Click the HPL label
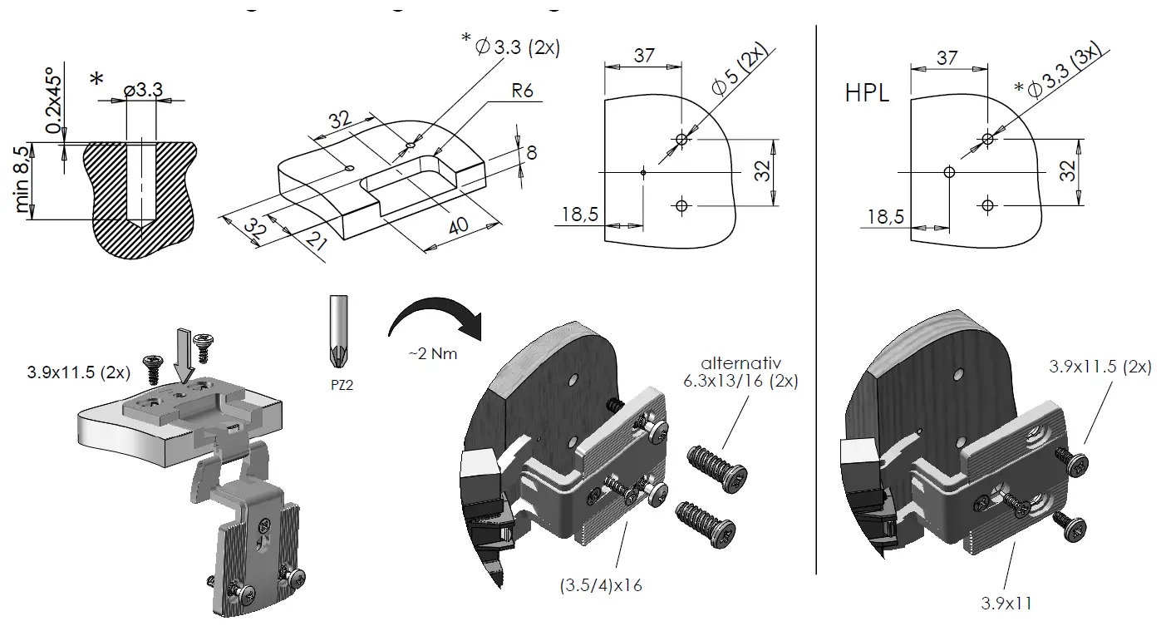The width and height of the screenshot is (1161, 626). pos(867,91)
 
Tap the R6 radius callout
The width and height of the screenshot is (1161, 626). pos(522,91)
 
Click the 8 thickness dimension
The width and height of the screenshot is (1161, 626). pos(531,152)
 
